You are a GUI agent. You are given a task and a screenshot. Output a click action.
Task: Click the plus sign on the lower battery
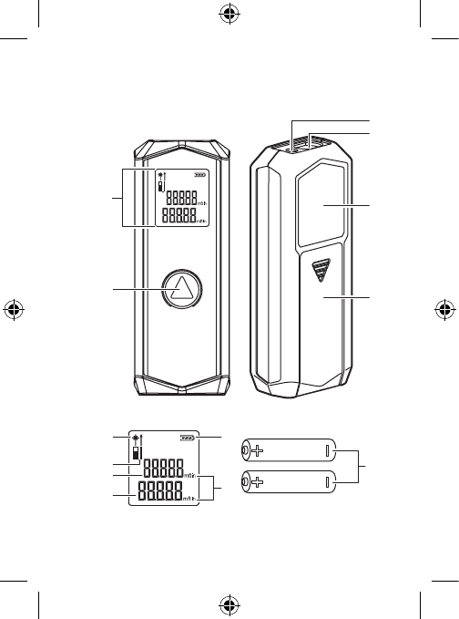(259, 484)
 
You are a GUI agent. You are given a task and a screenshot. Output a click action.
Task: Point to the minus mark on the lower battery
(326, 484)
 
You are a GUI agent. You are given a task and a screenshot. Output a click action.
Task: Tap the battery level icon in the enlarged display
(189, 438)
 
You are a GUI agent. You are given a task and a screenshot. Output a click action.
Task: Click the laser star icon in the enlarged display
(135, 438)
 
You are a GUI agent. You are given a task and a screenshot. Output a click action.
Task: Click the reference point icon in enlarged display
(138, 454)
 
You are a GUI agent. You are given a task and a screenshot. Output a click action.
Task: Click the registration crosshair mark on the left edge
(12, 308)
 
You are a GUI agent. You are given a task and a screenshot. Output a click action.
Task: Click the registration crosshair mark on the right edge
(446, 308)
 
